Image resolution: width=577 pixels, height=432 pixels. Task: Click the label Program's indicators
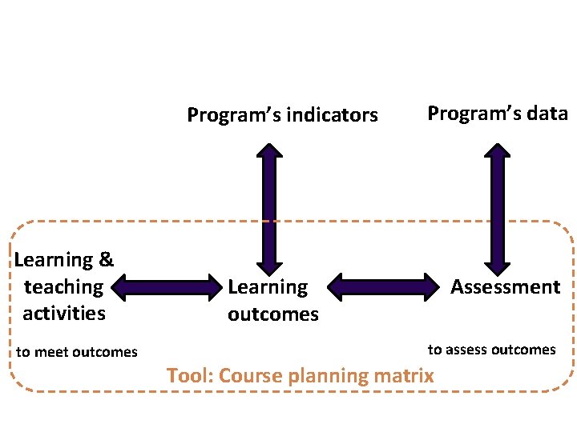(282, 115)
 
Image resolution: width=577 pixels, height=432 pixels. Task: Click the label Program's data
(497, 114)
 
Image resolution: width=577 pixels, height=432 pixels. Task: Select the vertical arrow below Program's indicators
(271, 208)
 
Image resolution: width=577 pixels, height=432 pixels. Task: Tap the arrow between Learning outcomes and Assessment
(382, 286)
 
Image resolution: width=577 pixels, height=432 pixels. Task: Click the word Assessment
(505, 286)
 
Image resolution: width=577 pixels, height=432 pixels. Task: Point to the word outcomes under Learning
(272, 314)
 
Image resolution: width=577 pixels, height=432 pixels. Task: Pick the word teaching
(64, 286)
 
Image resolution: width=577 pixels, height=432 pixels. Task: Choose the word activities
(64, 313)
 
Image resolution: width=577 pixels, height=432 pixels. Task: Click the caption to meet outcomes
(77, 352)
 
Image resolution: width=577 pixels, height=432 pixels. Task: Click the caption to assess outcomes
(491, 350)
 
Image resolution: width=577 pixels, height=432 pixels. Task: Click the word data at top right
(548, 114)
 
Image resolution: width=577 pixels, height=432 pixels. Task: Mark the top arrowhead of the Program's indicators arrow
(271, 150)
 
